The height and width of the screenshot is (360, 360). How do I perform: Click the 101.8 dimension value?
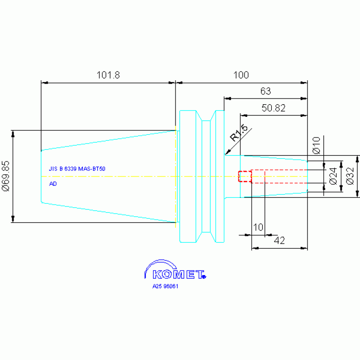tap(108, 75)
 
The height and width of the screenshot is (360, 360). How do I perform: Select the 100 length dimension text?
tap(241, 75)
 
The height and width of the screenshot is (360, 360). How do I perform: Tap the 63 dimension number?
tap(265, 91)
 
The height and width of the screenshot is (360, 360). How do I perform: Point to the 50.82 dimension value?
tap(274, 108)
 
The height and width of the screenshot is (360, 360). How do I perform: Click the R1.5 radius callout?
tap(239, 133)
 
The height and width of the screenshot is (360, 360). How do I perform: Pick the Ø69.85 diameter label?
tap(6, 176)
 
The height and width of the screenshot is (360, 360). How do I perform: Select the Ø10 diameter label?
tap(316, 146)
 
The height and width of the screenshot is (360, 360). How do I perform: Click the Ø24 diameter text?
tap(333, 176)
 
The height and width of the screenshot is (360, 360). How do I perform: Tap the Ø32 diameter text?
tap(350, 176)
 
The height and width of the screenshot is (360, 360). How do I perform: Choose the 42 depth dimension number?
tap(279, 240)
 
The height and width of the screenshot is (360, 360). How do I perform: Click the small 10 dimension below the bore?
tap(258, 227)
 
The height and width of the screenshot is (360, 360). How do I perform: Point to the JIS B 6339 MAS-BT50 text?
tap(77, 169)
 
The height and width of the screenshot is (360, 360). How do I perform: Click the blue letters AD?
tap(53, 184)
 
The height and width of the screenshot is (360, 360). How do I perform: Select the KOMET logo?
tap(176, 270)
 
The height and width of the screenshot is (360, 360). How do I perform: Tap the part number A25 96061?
tap(165, 286)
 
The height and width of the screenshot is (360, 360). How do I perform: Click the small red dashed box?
tap(245, 176)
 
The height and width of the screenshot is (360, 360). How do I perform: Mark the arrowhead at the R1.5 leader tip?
tap(227, 153)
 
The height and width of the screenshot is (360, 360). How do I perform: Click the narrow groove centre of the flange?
tap(206, 176)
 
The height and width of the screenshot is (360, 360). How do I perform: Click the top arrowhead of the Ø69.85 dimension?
tap(13, 134)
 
